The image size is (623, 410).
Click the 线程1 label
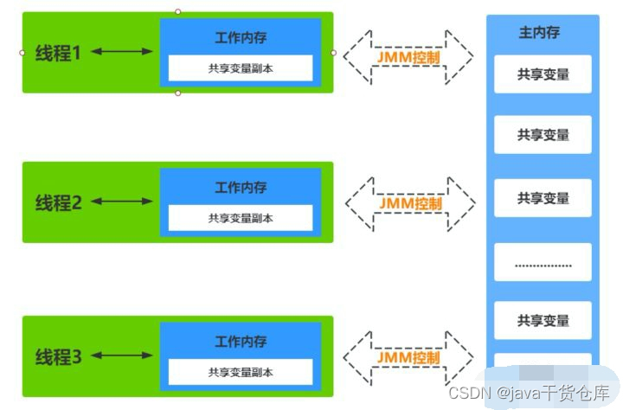[x=59, y=53]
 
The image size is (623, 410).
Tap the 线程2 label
[x=59, y=202]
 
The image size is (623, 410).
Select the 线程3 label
[x=59, y=356]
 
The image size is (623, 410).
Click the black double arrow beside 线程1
[x=121, y=52]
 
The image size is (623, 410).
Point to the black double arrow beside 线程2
[x=121, y=202]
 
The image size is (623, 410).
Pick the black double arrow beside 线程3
[x=121, y=355]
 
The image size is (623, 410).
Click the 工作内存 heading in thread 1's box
[x=241, y=38]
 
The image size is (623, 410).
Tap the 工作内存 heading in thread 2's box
[x=241, y=188]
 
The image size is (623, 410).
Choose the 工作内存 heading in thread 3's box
[x=241, y=342]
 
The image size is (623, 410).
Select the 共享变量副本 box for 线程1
[x=241, y=67]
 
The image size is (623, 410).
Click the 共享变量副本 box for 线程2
[x=241, y=218]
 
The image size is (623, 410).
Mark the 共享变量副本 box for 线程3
[x=241, y=372]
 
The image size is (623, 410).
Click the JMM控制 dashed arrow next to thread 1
[x=408, y=55]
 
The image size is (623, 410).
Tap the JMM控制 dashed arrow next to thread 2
[x=410, y=204]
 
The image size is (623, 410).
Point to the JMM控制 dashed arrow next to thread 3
[x=408, y=356]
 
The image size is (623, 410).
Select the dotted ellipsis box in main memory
[x=543, y=262]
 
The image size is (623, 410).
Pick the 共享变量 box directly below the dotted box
[x=543, y=320]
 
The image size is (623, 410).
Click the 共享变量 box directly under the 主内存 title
[x=543, y=74]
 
